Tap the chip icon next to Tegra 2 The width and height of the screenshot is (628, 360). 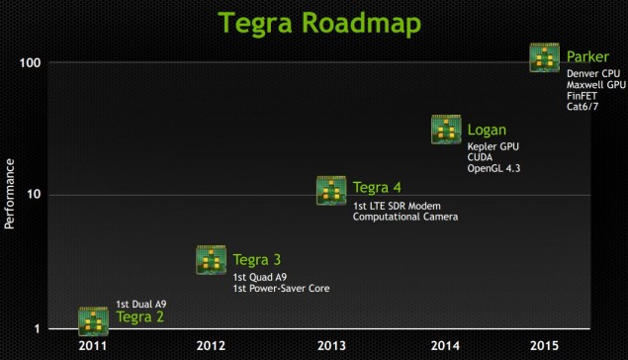coord(93,320)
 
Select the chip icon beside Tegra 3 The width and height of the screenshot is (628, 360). coord(212,259)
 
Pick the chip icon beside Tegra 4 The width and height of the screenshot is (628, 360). coord(331,190)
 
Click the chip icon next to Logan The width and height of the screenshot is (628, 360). coord(447,130)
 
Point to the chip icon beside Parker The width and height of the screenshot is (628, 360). coord(546,57)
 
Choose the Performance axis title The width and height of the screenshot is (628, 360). coord(10,194)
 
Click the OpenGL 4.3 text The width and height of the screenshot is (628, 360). coord(493,169)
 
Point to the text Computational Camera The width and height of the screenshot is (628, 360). coord(405,216)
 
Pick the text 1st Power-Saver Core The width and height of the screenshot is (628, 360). coord(281,288)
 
